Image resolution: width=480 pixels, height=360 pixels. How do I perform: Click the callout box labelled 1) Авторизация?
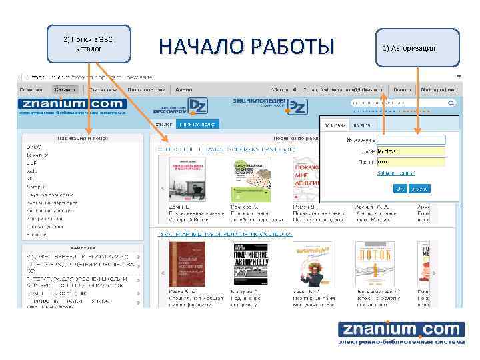[417, 48]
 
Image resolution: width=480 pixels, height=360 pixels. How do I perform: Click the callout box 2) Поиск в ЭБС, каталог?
[89, 44]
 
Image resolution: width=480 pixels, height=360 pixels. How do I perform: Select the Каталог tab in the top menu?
[65, 89]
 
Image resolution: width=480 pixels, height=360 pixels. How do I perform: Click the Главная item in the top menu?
[31, 89]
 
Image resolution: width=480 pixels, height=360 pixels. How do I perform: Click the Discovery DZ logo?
[181, 107]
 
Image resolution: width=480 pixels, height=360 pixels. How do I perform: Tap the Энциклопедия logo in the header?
[269, 105]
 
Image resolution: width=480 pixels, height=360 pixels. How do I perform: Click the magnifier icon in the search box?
[451, 103]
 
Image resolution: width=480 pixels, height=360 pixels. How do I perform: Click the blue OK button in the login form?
[419, 189]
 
